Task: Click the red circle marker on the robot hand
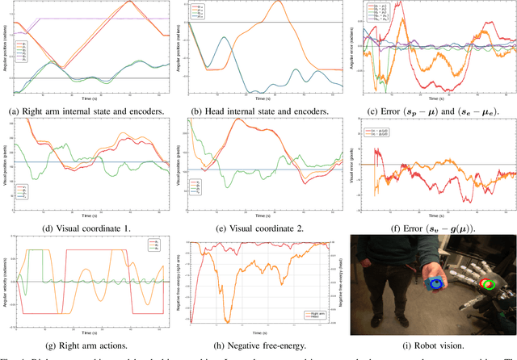[x=487, y=283]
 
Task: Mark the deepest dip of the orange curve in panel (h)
[x=227, y=320]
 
